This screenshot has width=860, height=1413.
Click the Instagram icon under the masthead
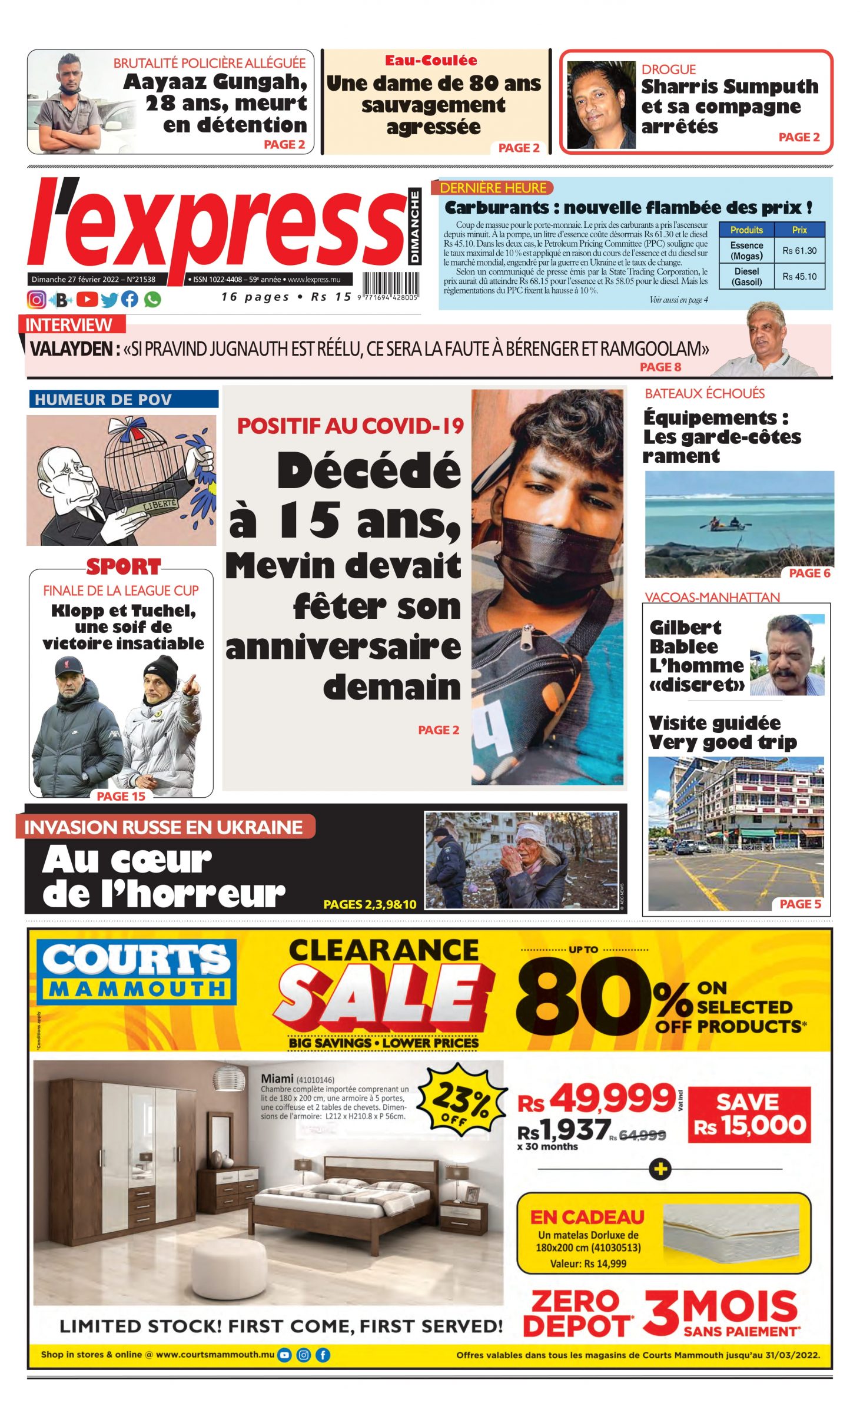(36, 299)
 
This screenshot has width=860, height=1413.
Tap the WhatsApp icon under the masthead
(152, 299)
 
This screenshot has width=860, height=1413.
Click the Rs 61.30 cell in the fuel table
(799, 251)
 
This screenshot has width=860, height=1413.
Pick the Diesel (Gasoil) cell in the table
(746, 276)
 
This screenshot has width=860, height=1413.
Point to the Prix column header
(799, 230)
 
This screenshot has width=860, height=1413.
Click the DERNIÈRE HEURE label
(493, 188)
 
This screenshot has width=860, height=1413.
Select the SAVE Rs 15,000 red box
(749, 1115)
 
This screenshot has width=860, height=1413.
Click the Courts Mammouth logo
(137, 971)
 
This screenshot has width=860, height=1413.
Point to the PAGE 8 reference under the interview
(660, 367)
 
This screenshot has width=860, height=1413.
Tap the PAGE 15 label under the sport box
(121, 796)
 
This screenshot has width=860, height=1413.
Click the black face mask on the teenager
(550, 548)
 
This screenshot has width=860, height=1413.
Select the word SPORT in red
(123, 566)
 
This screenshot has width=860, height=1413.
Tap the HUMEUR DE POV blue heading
(104, 399)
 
